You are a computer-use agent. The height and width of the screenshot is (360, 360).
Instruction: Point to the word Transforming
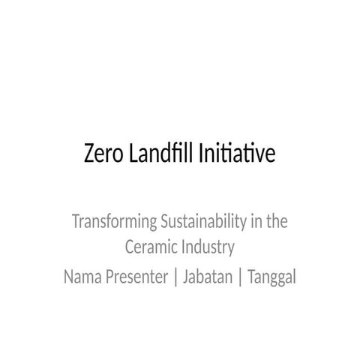point(112,223)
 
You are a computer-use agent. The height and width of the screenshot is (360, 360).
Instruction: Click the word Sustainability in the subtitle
point(202,223)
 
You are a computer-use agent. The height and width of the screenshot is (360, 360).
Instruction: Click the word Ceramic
point(149,247)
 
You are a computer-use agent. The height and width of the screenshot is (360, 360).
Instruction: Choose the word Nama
point(82,277)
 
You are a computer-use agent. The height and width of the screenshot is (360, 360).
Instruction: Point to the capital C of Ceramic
point(128,247)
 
